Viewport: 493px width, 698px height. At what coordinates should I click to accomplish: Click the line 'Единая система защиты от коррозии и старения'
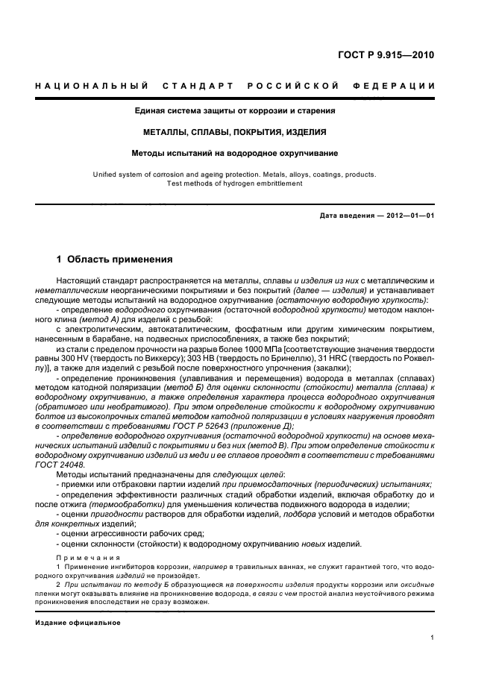click(235, 111)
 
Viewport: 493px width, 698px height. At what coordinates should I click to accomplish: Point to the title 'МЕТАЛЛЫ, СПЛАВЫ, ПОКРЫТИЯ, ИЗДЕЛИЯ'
click(235, 132)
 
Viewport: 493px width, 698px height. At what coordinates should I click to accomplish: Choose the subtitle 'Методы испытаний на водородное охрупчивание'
click(235, 153)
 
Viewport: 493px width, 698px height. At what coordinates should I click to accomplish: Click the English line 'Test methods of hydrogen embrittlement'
click(235, 183)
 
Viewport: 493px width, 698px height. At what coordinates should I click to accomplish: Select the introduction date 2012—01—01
click(407, 216)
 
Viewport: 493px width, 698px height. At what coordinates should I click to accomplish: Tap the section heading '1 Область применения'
click(115, 260)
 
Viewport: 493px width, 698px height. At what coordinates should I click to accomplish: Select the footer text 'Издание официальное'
click(78, 622)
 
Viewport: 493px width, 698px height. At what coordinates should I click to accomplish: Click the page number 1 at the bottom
click(433, 637)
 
